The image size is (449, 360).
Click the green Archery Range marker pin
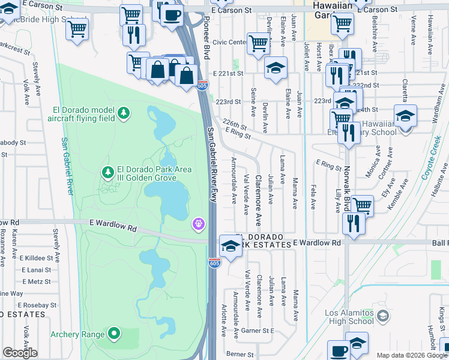click(114, 334)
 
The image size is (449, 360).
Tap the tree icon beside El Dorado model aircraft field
click(123, 113)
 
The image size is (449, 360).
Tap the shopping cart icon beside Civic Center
click(258, 43)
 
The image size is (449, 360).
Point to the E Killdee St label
click(38, 257)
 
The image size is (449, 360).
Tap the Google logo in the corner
click(20, 353)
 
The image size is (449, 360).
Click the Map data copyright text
click(411, 355)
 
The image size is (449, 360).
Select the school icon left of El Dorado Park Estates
click(230, 245)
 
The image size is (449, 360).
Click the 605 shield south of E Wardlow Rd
click(214, 263)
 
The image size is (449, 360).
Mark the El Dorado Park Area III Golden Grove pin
click(108, 173)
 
